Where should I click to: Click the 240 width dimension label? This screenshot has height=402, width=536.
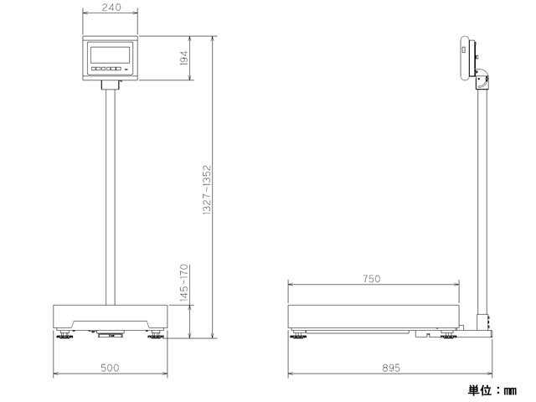pos(111,8)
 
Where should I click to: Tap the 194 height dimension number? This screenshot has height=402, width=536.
pos(184,58)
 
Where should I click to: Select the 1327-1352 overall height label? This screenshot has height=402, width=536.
pos(208,190)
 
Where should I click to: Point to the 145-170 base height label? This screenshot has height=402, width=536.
pos(184,283)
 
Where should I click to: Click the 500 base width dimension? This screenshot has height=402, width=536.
pos(110,368)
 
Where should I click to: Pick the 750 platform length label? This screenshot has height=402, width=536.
pos(372,279)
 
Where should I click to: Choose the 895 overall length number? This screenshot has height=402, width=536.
pos(391,368)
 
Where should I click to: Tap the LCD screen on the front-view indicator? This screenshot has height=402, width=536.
pos(110,54)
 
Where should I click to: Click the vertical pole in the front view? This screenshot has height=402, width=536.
pos(110,197)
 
